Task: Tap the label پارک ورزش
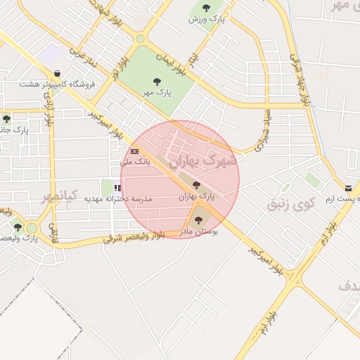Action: (205, 18)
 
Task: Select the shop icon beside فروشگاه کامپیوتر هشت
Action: (57, 74)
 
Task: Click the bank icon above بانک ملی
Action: (135, 151)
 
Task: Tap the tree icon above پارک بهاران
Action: (196, 185)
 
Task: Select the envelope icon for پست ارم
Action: (349, 188)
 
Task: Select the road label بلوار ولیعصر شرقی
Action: (134, 238)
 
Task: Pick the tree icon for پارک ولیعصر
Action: (18, 227)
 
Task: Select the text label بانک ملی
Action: (136, 162)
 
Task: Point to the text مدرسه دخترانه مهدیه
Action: (118, 199)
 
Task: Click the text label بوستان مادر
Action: (200, 231)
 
